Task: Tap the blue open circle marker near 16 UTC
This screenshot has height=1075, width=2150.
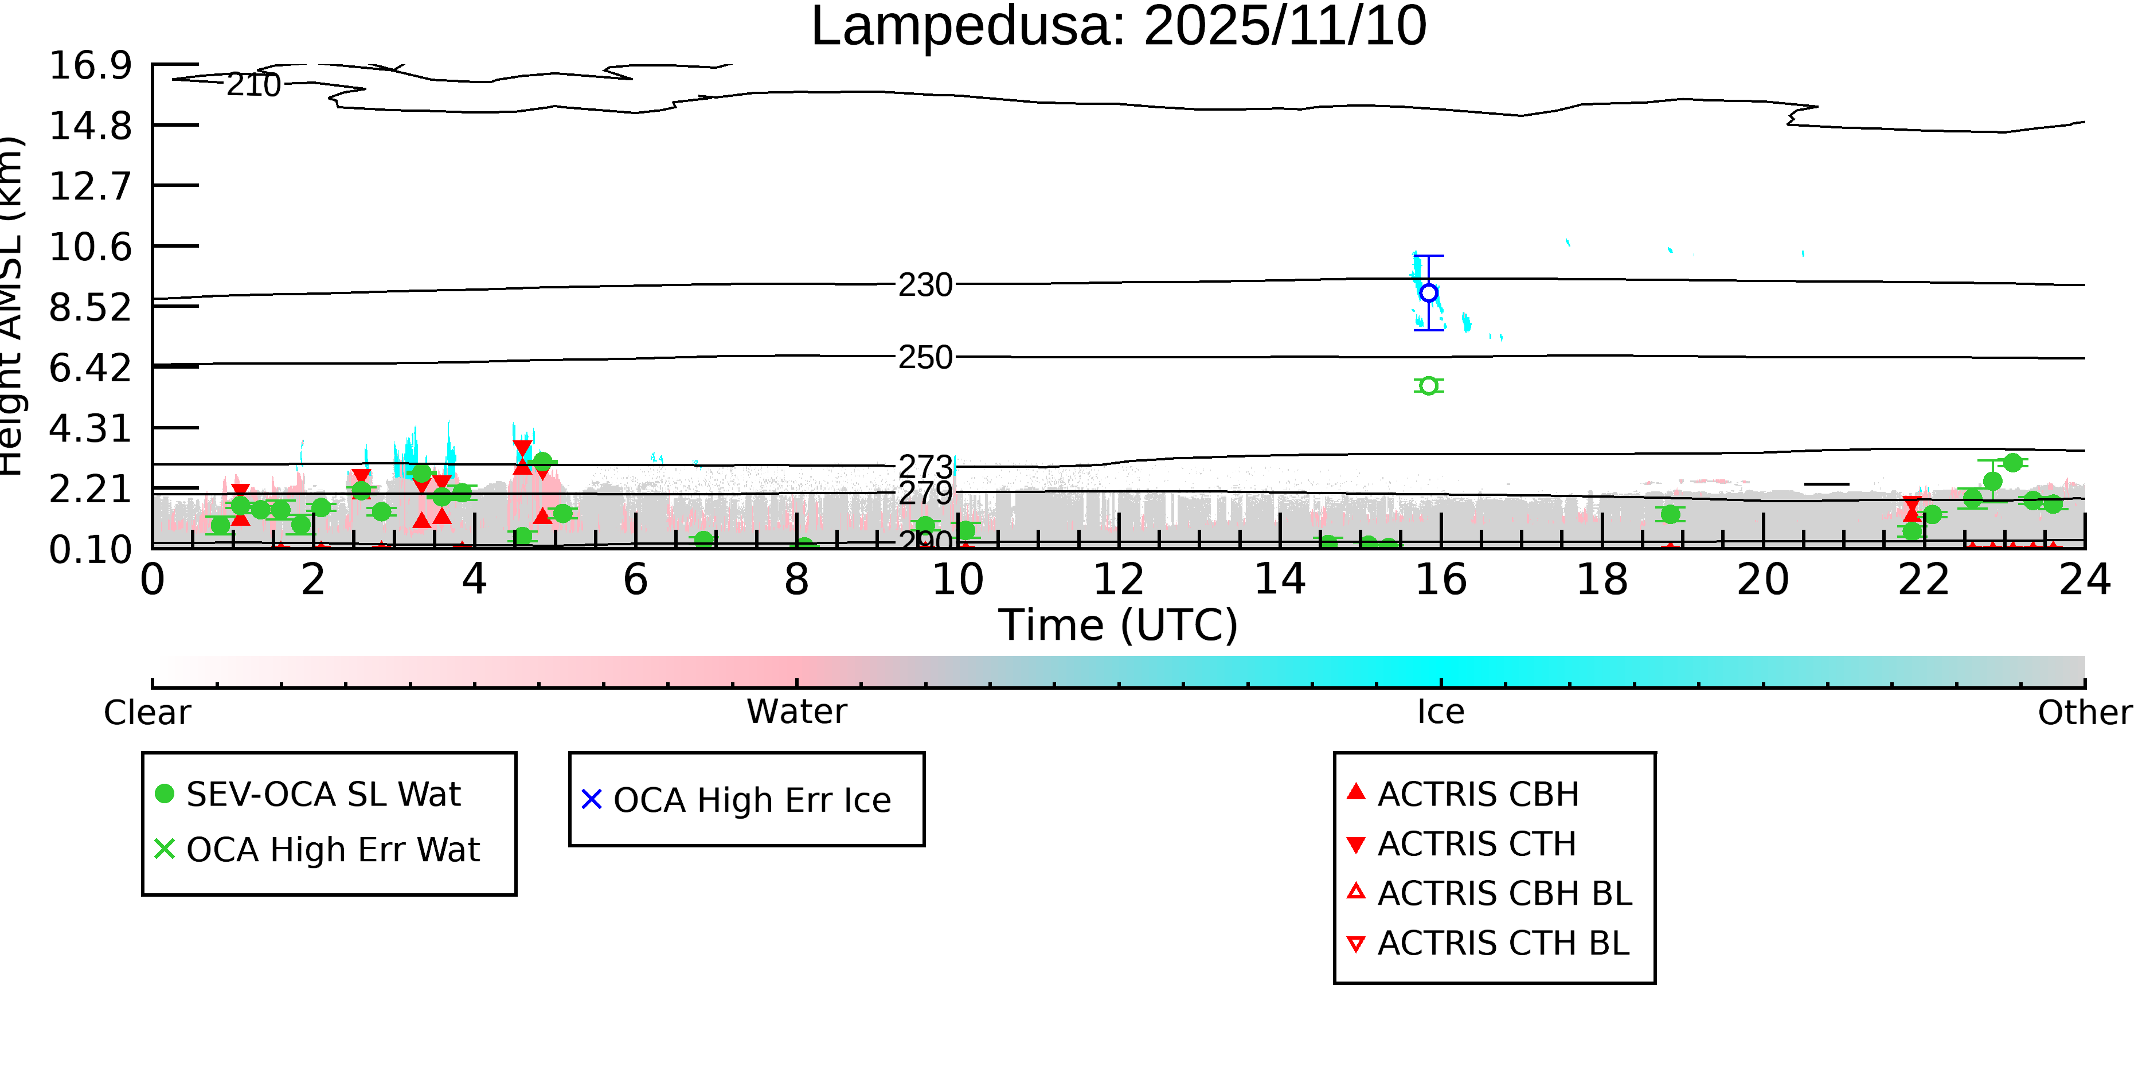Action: coord(1428,293)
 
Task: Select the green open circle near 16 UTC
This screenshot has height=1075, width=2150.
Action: coord(1428,386)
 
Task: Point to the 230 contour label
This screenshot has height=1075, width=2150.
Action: coord(925,286)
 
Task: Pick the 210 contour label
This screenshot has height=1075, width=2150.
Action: coord(254,85)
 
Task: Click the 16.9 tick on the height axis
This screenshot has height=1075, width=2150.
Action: coord(90,65)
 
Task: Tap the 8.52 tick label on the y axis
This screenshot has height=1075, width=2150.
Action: coord(90,307)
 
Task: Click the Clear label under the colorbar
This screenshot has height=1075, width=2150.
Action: coord(147,713)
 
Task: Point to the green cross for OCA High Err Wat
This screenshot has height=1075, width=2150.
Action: coord(165,849)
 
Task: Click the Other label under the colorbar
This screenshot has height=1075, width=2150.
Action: coord(2084,713)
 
